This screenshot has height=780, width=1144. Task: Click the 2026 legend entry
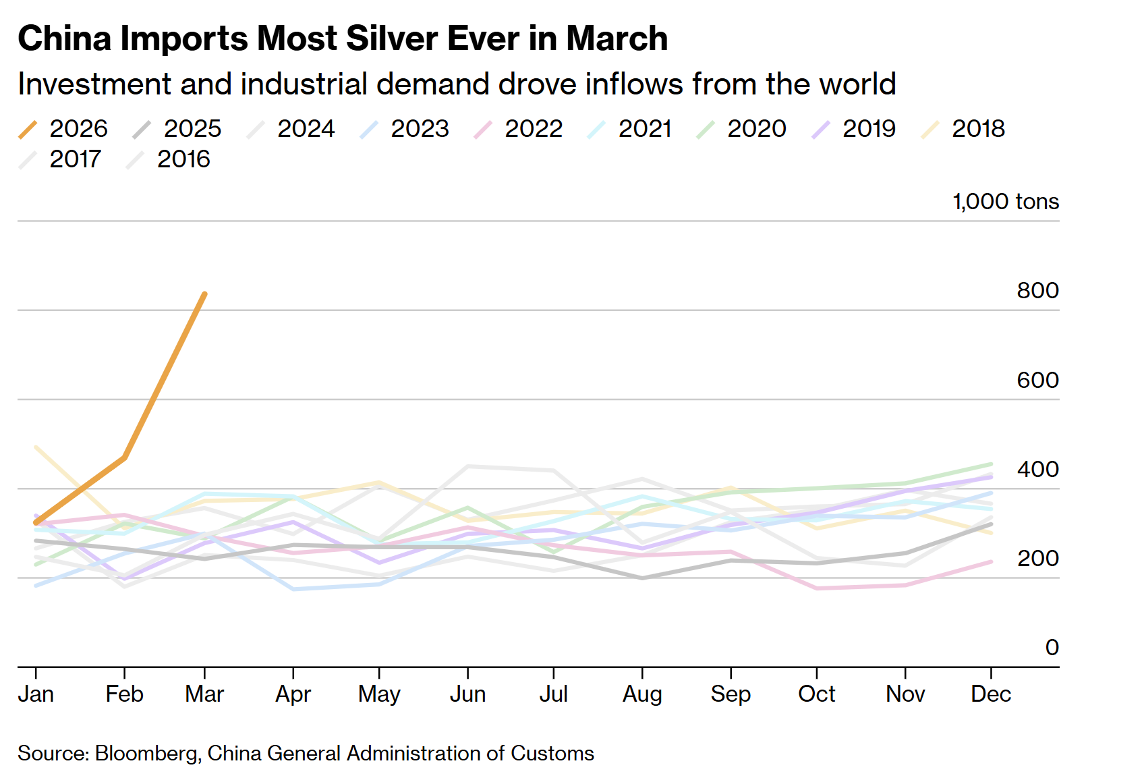[64, 128]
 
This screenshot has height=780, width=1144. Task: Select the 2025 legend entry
[178, 128]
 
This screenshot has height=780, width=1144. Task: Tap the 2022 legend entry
[519, 128]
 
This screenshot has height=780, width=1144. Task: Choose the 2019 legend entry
[855, 128]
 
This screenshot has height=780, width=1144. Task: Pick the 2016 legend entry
[169, 159]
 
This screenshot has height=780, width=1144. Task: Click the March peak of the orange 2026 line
[205, 294]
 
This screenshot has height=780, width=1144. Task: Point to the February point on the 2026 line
[125, 457]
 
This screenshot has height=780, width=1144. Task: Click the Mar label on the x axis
[204, 694]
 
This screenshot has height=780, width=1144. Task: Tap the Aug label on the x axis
[642, 694]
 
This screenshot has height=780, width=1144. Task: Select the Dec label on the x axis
[991, 694]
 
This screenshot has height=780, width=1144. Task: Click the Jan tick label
[36, 694]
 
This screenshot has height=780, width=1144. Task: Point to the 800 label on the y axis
[1037, 291]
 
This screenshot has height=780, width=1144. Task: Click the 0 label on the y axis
[1052, 648]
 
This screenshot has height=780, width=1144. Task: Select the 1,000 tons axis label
[1005, 202]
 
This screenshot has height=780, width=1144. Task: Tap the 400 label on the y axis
[1037, 469]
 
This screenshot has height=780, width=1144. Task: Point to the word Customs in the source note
[552, 753]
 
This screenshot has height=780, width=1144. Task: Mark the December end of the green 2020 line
[991, 464]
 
